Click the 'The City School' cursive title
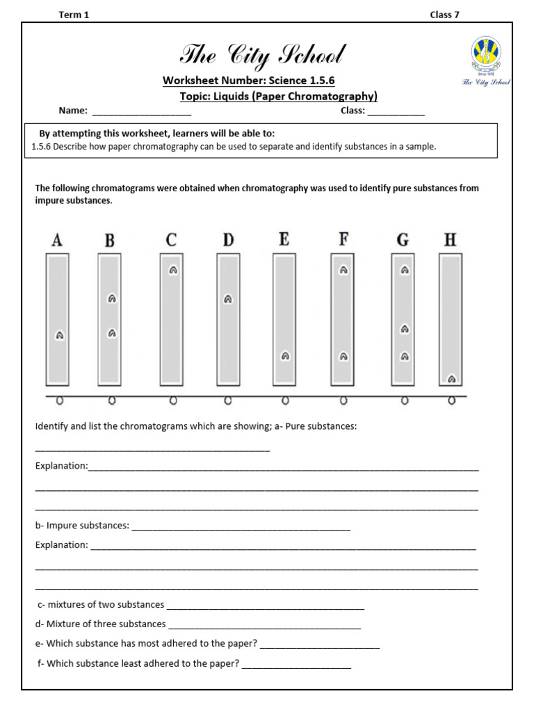point(262,55)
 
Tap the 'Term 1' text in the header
point(74,15)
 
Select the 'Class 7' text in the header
point(444,15)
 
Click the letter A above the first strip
point(57,241)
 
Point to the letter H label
point(451,241)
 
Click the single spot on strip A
point(60,335)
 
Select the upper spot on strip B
point(112,299)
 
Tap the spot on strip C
point(173,270)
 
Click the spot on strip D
point(227,300)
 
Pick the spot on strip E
point(285,356)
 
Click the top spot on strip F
point(343,270)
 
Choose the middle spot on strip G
point(404,329)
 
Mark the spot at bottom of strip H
point(451,379)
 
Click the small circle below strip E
point(285,400)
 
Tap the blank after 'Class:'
point(396,111)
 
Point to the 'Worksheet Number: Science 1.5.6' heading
point(248,81)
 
